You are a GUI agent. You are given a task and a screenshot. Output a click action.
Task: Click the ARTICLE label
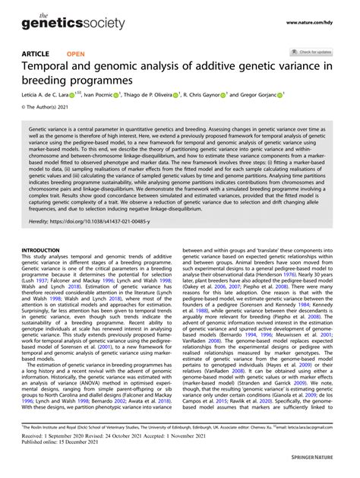pyautogui.click(x=36, y=55)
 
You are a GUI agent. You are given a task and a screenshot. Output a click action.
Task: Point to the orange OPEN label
pyautogui.click(x=76, y=55)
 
